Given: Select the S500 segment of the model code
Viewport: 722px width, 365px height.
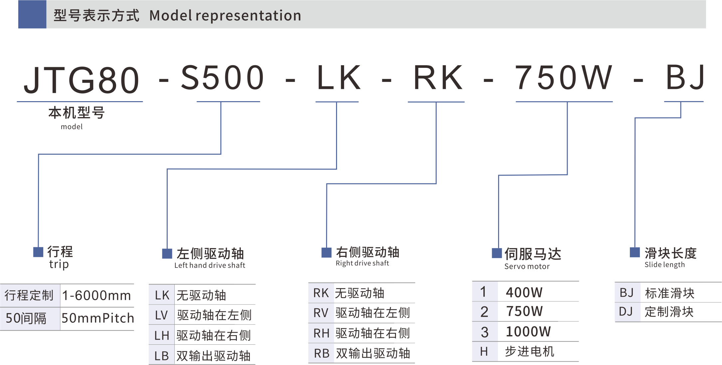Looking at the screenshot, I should pyautogui.click(x=222, y=78).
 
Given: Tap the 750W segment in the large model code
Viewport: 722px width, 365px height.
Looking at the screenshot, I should pyautogui.click(x=563, y=78).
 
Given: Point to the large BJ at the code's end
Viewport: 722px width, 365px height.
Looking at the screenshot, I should pyautogui.click(x=685, y=78).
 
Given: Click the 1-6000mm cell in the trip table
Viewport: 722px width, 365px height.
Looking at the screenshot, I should pyautogui.click(x=96, y=295).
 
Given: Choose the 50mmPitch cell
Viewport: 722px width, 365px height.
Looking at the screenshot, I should pyautogui.click(x=97, y=318).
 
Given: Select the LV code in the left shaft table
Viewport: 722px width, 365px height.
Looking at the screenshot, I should pyautogui.click(x=161, y=315).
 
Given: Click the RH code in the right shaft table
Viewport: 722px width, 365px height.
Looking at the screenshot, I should pyautogui.click(x=321, y=333).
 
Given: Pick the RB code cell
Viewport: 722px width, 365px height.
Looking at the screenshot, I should pyautogui.click(x=321, y=353).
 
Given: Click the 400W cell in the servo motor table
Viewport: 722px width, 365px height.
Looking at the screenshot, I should pyautogui.click(x=524, y=292).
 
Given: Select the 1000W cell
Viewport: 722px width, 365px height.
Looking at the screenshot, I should pyautogui.click(x=528, y=332).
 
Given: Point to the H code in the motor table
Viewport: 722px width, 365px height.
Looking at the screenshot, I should pyautogui.click(x=484, y=352).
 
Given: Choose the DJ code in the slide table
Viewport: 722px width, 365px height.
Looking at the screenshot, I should pyautogui.click(x=626, y=312).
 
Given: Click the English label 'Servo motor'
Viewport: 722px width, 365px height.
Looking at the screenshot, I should pyautogui.click(x=527, y=267).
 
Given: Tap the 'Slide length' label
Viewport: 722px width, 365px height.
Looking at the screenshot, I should pyautogui.click(x=664, y=265).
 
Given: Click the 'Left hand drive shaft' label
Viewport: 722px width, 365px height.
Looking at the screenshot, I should pyautogui.click(x=210, y=266).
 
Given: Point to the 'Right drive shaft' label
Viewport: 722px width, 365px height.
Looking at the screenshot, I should pyautogui.click(x=362, y=264).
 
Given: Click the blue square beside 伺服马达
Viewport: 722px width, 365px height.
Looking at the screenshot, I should pyautogui.click(x=497, y=253).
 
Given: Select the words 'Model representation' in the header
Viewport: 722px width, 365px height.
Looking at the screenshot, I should pyautogui.click(x=225, y=16).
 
